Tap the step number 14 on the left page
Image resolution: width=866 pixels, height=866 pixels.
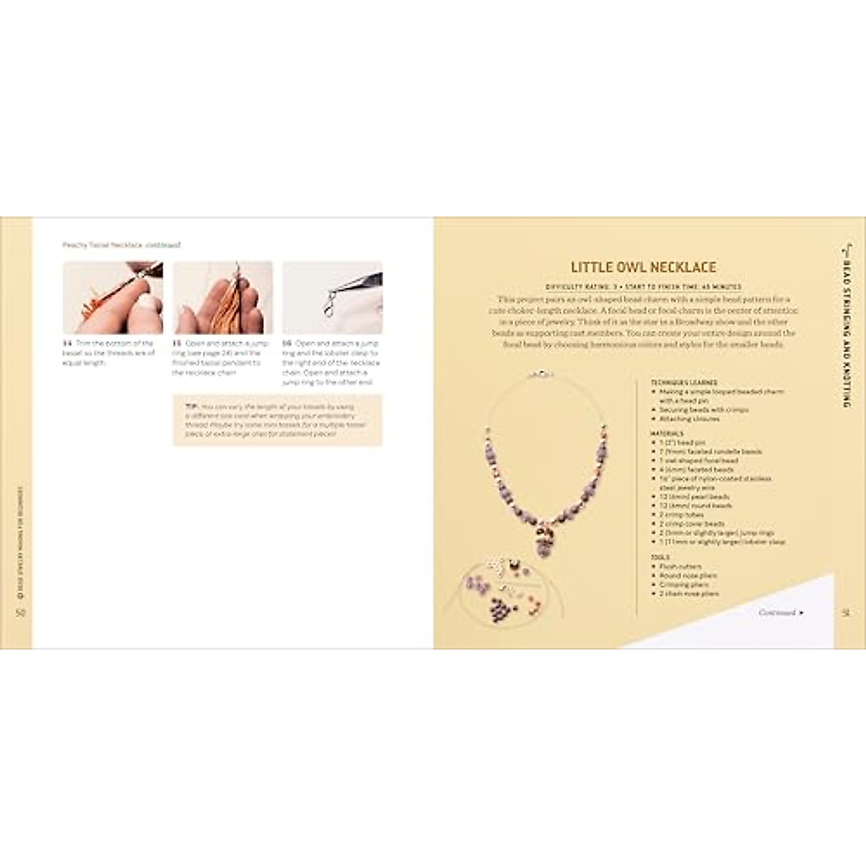pos(67,344)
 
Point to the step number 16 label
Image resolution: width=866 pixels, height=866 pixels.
pos(287,344)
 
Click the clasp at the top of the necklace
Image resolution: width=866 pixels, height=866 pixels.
pos(538,375)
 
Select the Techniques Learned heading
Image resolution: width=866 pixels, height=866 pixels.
pos(683,382)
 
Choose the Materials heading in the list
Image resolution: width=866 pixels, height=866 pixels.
pos(666,434)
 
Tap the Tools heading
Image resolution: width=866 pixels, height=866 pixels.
pos(660,558)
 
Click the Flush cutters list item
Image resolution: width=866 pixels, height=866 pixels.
pos(680,567)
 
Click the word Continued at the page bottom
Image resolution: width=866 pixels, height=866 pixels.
pos(777,613)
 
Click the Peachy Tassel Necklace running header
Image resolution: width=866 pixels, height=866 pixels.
pos(121,245)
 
